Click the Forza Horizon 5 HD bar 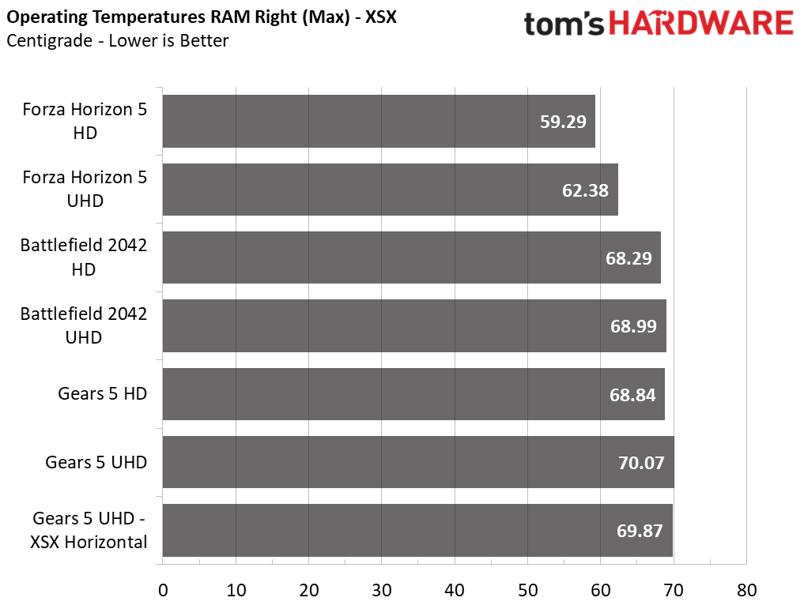[x=379, y=122]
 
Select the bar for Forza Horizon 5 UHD [x=391, y=190]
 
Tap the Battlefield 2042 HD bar [x=412, y=257]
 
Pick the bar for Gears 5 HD [x=413, y=394]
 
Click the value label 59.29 [x=563, y=122]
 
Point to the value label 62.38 [x=585, y=190]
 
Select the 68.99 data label [x=633, y=326]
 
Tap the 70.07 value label [x=641, y=463]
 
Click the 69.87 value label [x=640, y=531]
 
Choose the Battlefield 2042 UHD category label [x=84, y=325]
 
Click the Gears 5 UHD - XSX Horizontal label [x=89, y=530]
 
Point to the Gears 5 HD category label [x=103, y=393]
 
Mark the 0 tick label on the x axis [x=163, y=591]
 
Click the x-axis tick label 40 [x=455, y=591]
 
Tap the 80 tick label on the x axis [x=746, y=591]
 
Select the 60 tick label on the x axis [x=601, y=591]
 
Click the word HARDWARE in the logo [x=701, y=24]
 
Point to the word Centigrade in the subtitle [x=50, y=40]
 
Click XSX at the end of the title [x=381, y=17]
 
